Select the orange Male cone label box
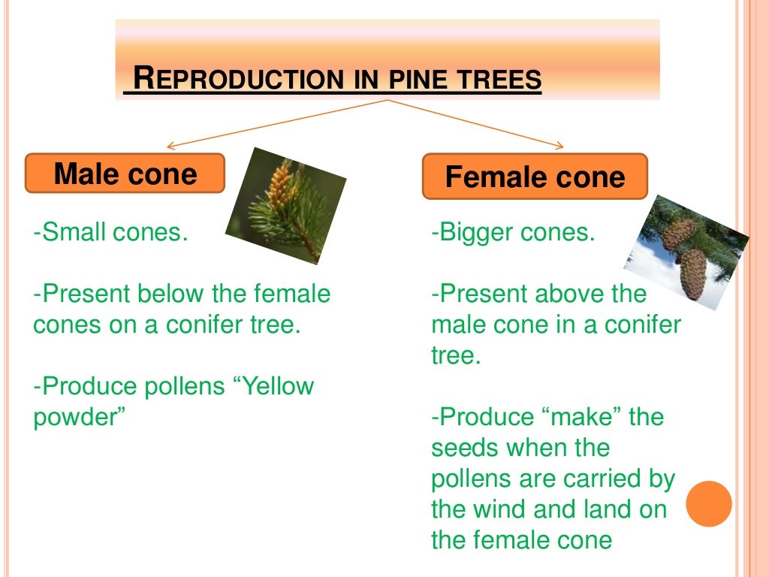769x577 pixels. [125, 174]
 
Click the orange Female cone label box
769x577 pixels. [535, 177]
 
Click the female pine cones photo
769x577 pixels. [685, 251]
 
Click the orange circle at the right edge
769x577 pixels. [708, 503]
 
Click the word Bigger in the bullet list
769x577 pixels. [478, 232]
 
